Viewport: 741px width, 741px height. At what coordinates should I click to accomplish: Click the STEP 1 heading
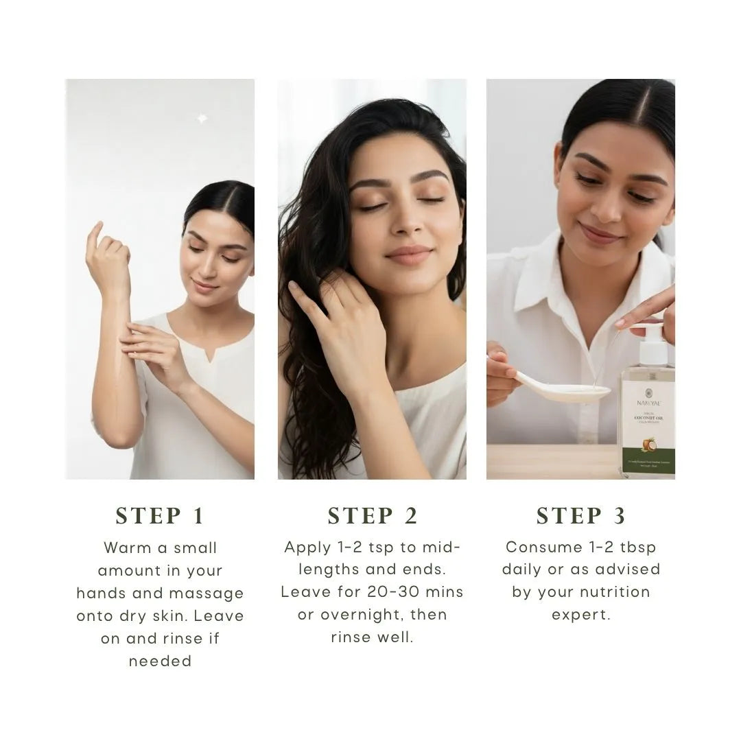[160, 516]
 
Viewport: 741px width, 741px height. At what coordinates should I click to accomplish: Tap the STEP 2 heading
[372, 516]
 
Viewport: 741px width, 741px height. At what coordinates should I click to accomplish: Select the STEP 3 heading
[580, 516]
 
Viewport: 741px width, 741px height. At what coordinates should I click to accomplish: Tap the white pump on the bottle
[652, 346]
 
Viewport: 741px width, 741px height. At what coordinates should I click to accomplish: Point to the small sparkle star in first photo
[202, 119]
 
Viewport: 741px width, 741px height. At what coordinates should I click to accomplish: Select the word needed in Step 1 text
[160, 661]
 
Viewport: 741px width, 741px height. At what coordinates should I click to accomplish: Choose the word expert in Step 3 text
[580, 615]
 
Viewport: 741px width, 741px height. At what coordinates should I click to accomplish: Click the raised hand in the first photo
[107, 257]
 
